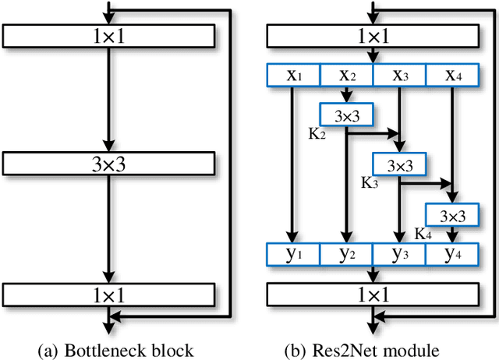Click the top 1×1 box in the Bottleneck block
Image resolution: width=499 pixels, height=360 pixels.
tap(108, 36)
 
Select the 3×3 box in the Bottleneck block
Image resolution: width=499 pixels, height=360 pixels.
tap(108, 164)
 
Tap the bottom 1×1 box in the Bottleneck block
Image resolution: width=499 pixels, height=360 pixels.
tap(108, 294)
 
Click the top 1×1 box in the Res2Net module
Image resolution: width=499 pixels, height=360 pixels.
tap(373, 36)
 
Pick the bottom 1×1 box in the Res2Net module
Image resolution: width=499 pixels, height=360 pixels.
tap(373, 294)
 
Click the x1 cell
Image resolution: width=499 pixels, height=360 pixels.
tap(293, 75)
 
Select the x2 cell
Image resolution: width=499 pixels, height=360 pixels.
tap(346, 75)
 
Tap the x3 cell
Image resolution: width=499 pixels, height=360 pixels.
tap(399, 75)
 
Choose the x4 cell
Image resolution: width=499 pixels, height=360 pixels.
tap(452, 75)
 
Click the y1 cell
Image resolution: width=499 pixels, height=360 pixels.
tap(293, 254)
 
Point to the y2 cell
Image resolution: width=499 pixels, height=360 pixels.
tap(346, 254)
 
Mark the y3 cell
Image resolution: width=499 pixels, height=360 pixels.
tap(399, 254)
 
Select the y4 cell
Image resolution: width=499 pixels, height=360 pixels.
tap(452, 254)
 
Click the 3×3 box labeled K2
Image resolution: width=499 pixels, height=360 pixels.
tap(346, 115)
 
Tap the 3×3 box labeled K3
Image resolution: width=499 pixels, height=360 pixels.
tap(399, 164)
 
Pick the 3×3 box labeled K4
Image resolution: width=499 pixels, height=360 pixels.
tap(452, 214)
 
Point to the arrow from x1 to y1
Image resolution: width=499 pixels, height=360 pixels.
tap(293, 164)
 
